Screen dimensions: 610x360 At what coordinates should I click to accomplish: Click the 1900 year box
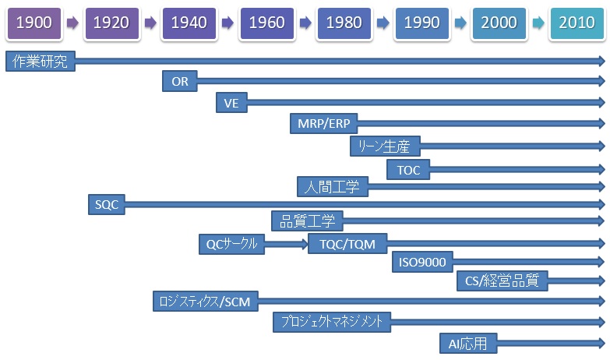(33, 23)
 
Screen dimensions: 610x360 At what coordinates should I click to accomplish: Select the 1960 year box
(267, 23)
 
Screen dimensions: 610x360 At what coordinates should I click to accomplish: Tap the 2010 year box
(577, 23)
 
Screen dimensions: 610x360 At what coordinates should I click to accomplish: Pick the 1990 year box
(422, 23)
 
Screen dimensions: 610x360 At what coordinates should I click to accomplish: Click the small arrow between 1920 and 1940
(150, 23)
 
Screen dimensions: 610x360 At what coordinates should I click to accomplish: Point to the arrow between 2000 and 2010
(538, 23)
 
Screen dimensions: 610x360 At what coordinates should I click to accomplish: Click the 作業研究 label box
(41, 61)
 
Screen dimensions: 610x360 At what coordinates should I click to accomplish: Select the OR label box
(180, 81)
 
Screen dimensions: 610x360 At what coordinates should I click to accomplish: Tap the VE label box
(231, 103)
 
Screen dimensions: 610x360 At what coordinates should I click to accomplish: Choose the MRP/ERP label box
(323, 124)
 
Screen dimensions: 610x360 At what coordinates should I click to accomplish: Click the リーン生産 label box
(385, 146)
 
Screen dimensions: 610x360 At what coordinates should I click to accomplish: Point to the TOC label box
(408, 170)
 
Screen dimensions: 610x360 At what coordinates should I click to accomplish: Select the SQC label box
(107, 204)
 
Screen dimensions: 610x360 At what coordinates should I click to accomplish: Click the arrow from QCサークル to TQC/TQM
(287, 244)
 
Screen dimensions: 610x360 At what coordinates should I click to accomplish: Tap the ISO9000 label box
(422, 262)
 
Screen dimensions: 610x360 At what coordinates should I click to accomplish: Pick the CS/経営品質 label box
(502, 281)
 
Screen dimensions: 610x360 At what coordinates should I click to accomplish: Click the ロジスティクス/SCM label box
(206, 302)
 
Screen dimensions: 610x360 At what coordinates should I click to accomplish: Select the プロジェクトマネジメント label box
(332, 322)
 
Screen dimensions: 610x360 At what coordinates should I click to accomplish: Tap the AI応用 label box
(468, 344)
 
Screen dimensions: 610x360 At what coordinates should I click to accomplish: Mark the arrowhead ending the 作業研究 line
(602, 61)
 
